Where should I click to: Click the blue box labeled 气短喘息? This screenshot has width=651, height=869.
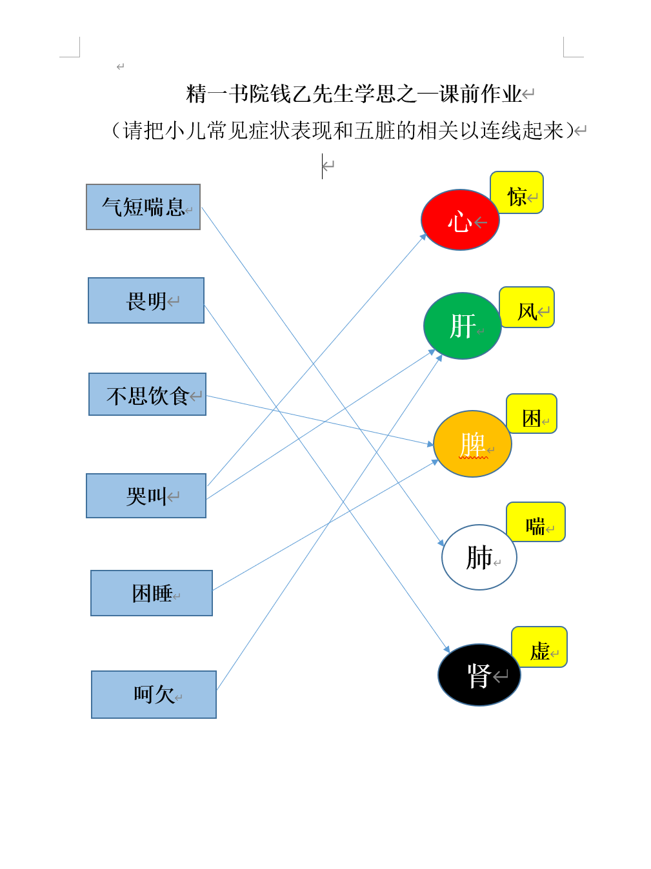point(143,207)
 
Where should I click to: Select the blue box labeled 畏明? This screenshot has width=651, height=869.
point(146,300)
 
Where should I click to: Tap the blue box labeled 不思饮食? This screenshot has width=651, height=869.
point(147,394)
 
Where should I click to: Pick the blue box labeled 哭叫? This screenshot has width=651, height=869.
point(146,495)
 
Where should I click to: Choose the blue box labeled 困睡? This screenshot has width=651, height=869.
point(152,592)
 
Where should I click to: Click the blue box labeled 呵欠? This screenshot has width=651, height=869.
point(154,694)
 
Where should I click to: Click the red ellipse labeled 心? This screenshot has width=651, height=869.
point(459,220)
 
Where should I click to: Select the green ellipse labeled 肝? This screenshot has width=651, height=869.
point(462,326)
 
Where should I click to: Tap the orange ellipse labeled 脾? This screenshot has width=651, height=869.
point(472,444)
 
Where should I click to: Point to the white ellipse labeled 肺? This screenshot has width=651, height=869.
point(479,556)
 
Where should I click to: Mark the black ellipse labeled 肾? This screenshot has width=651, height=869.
point(479,674)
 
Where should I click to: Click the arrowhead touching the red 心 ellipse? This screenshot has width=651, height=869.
point(423,237)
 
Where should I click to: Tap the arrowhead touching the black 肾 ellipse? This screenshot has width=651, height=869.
point(446,649)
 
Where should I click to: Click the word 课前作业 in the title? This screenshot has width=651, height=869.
point(480,94)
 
